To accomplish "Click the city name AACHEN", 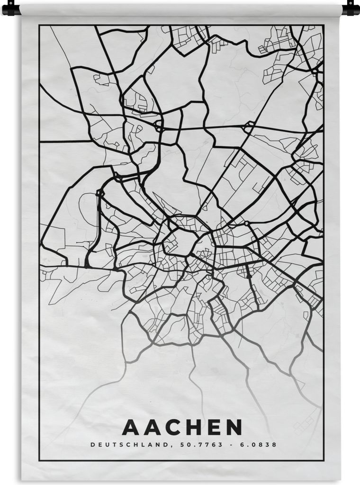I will [x=182, y=427].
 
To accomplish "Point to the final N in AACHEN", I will [x=233, y=427].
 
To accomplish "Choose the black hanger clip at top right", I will [x=351, y=9].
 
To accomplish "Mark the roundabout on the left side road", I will [x=100, y=193].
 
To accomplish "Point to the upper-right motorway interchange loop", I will [x=248, y=127].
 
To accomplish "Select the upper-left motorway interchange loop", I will [x=158, y=126].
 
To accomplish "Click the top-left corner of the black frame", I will [x=40, y=26].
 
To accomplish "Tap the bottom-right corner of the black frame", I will [x=324, y=460].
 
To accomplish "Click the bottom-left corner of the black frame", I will [x=40, y=460].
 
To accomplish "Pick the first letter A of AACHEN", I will [x=130, y=427].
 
